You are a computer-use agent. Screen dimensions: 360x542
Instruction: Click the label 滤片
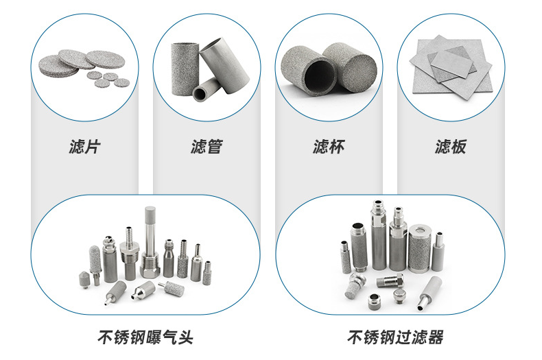85,146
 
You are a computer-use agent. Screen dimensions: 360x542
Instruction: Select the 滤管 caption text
207,146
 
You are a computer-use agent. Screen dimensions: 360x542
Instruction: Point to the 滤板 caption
450,146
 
